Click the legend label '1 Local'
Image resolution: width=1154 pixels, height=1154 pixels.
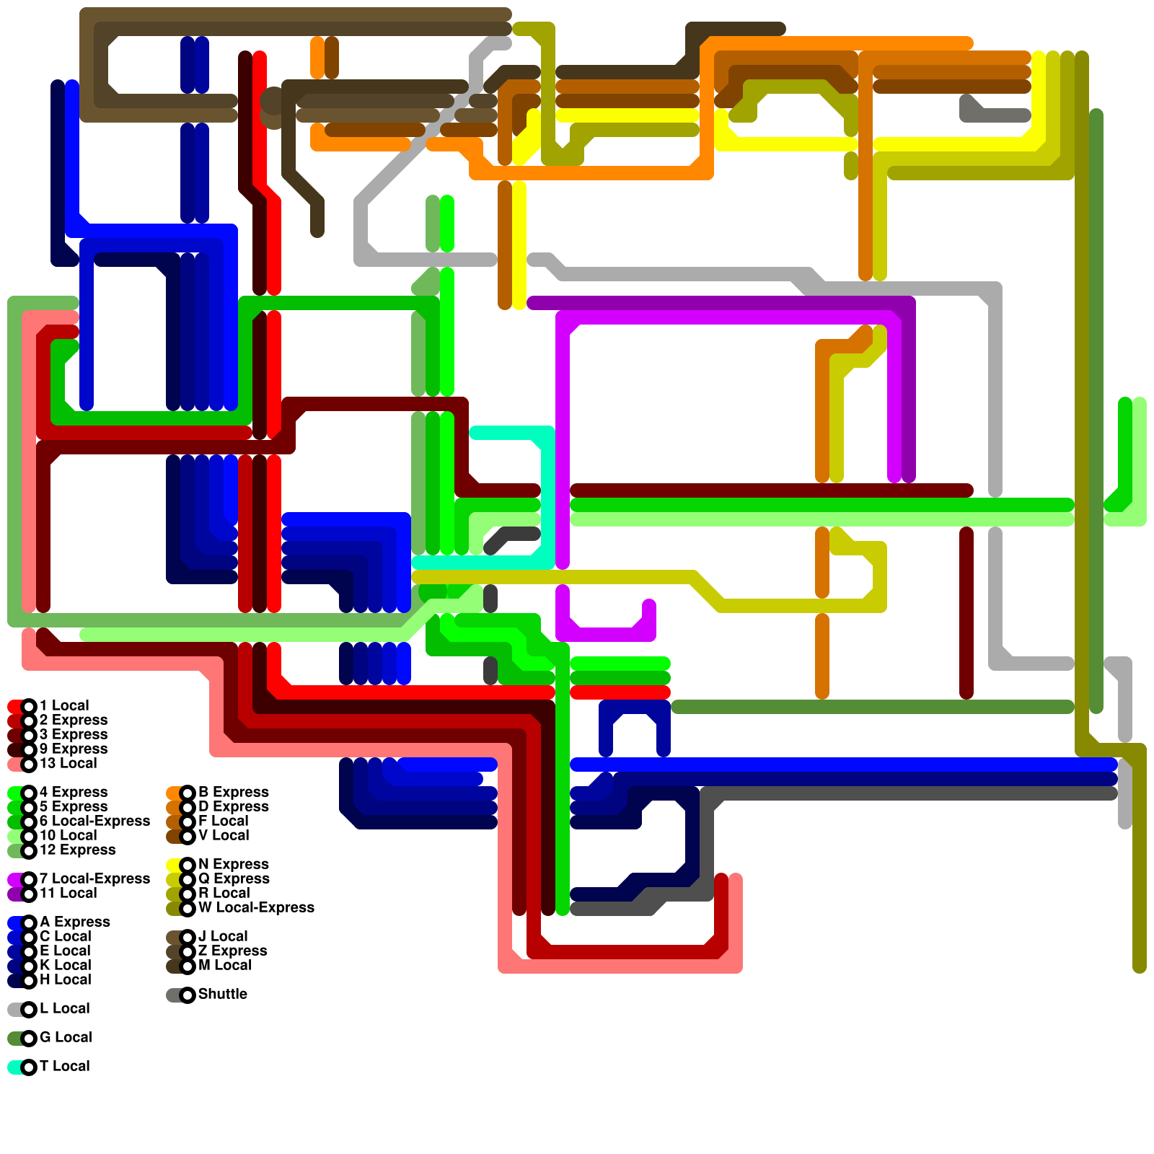[x=64, y=705]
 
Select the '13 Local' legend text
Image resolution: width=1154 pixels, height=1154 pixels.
[x=68, y=763]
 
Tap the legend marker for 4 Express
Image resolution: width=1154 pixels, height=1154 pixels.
[x=29, y=793]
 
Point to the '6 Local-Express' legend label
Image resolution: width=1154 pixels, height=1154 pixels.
[x=94, y=821]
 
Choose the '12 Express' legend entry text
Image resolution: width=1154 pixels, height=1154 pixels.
[x=77, y=850]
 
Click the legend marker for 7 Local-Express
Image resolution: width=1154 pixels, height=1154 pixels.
[x=29, y=879]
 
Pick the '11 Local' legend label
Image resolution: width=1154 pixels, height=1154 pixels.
[x=68, y=893]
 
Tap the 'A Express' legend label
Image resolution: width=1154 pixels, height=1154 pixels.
[x=75, y=922]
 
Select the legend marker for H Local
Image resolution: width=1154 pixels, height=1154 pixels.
[x=29, y=980]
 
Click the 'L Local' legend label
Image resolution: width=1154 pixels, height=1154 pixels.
[x=65, y=1008]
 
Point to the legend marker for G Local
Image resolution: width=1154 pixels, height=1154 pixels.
[x=29, y=1038]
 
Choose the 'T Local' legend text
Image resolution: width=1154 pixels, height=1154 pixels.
[x=65, y=1066]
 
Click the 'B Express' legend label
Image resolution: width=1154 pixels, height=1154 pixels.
[x=233, y=792]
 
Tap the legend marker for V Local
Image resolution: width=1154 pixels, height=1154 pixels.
[x=188, y=836]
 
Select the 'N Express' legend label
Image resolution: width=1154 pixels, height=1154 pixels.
[x=233, y=864]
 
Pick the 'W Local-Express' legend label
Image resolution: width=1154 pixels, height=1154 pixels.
[x=256, y=907]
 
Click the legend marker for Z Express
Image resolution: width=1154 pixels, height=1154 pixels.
[x=188, y=951]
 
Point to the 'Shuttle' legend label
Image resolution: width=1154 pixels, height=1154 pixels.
[x=223, y=994]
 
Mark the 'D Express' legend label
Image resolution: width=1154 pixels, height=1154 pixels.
[x=233, y=806]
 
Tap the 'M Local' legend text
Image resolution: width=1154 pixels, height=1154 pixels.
[x=224, y=965]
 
